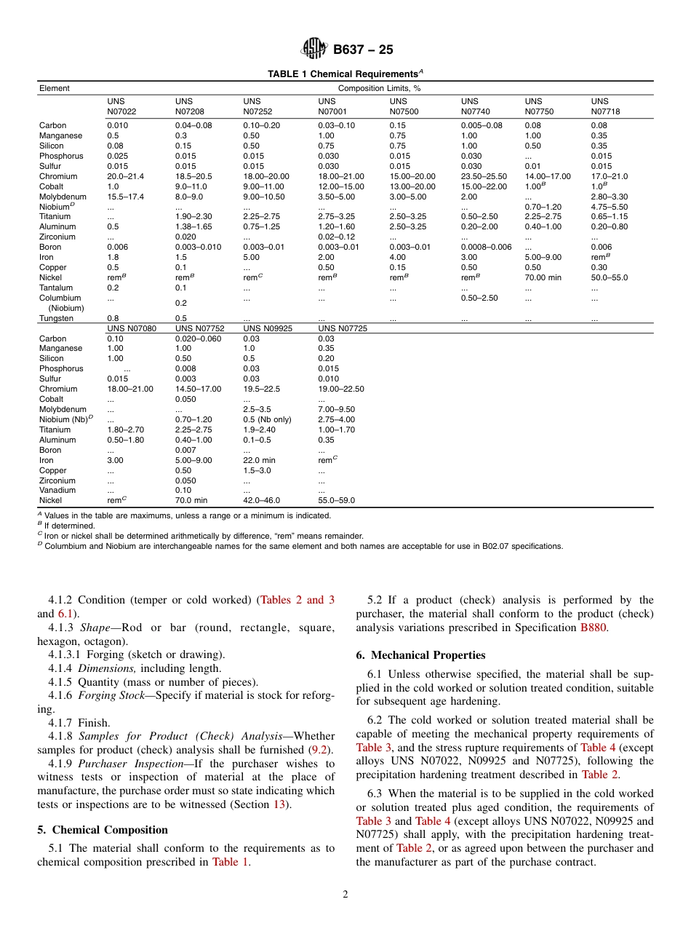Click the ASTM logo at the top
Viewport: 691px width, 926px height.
[314, 50]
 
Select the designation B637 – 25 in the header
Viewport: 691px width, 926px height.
[363, 50]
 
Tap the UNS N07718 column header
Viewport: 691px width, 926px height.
[605, 106]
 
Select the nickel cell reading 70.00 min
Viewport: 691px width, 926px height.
[543, 277]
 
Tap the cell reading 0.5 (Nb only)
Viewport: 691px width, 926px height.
[268, 419]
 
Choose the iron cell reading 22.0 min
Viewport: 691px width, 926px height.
[259, 460]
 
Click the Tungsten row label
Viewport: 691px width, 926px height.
[56, 318]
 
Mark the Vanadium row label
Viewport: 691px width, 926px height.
[57, 490]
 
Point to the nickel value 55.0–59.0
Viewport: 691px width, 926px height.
[337, 500]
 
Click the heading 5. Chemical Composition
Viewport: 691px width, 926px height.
[103, 830]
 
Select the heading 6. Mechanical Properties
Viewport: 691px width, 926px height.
[420, 655]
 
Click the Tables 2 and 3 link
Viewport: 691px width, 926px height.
[297, 600]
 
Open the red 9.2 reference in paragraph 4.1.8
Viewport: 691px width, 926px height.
[319, 750]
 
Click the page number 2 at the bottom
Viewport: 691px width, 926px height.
[345, 895]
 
